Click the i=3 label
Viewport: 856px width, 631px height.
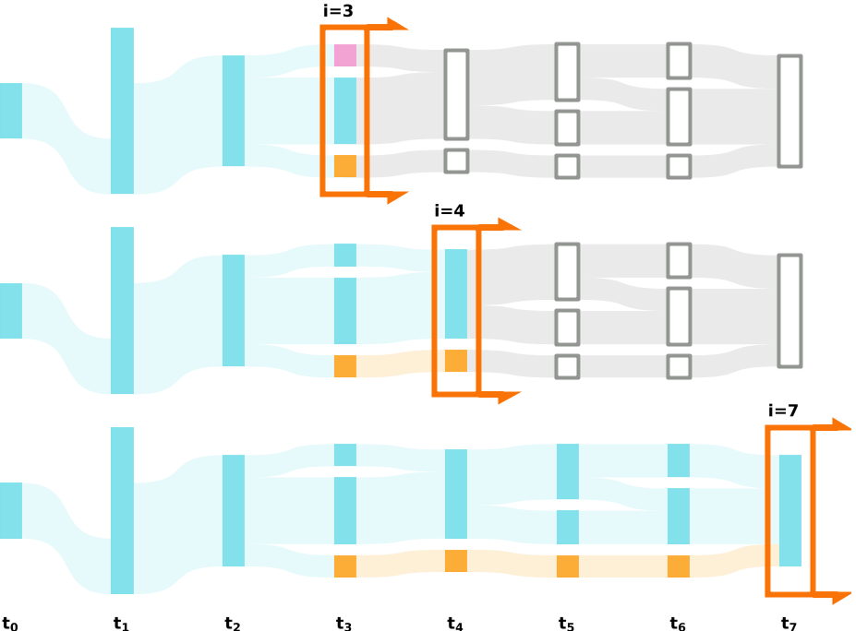coord(338,11)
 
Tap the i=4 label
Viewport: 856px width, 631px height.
coord(450,210)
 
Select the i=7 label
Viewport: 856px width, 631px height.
coord(783,411)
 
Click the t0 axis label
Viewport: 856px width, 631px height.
coord(10,624)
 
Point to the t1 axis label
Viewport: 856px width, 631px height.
coord(121,624)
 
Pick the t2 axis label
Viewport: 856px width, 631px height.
coord(233,624)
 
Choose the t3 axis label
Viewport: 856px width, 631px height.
coord(344,624)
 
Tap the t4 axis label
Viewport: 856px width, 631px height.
coord(455,624)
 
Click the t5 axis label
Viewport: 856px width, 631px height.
coord(566,624)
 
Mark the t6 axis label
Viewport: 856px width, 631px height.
coord(678,624)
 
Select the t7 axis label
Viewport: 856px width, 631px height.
coord(789,624)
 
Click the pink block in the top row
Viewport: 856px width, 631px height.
coord(345,55)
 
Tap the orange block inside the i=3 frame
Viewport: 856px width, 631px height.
coord(345,166)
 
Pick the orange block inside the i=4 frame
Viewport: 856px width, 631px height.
coord(456,361)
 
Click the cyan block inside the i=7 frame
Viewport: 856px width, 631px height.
coord(790,510)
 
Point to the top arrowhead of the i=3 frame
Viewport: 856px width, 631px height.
coord(398,24)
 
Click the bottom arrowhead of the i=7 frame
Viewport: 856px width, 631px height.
coord(840,597)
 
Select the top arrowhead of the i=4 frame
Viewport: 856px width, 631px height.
coord(511,224)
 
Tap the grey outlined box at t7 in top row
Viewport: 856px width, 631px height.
coord(790,111)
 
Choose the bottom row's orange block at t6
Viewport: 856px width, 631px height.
coord(679,566)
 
